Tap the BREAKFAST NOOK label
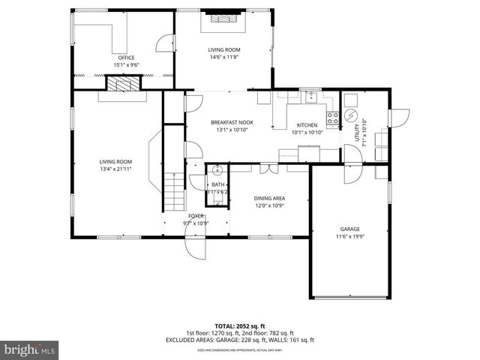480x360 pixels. (x=232, y=122)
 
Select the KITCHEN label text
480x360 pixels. (x=307, y=125)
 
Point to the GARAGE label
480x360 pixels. (x=349, y=229)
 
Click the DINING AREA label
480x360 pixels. (x=268, y=198)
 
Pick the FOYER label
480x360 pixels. (x=196, y=216)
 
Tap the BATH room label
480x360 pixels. (x=217, y=184)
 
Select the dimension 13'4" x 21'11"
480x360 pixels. (x=116, y=168)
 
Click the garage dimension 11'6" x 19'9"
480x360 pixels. (x=349, y=237)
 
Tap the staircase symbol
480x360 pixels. (x=174, y=191)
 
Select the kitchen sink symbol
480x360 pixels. (x=308, y=97)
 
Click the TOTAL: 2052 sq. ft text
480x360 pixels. (x=240, y=327)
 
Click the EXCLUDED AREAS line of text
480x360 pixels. (x=240, y=340)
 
